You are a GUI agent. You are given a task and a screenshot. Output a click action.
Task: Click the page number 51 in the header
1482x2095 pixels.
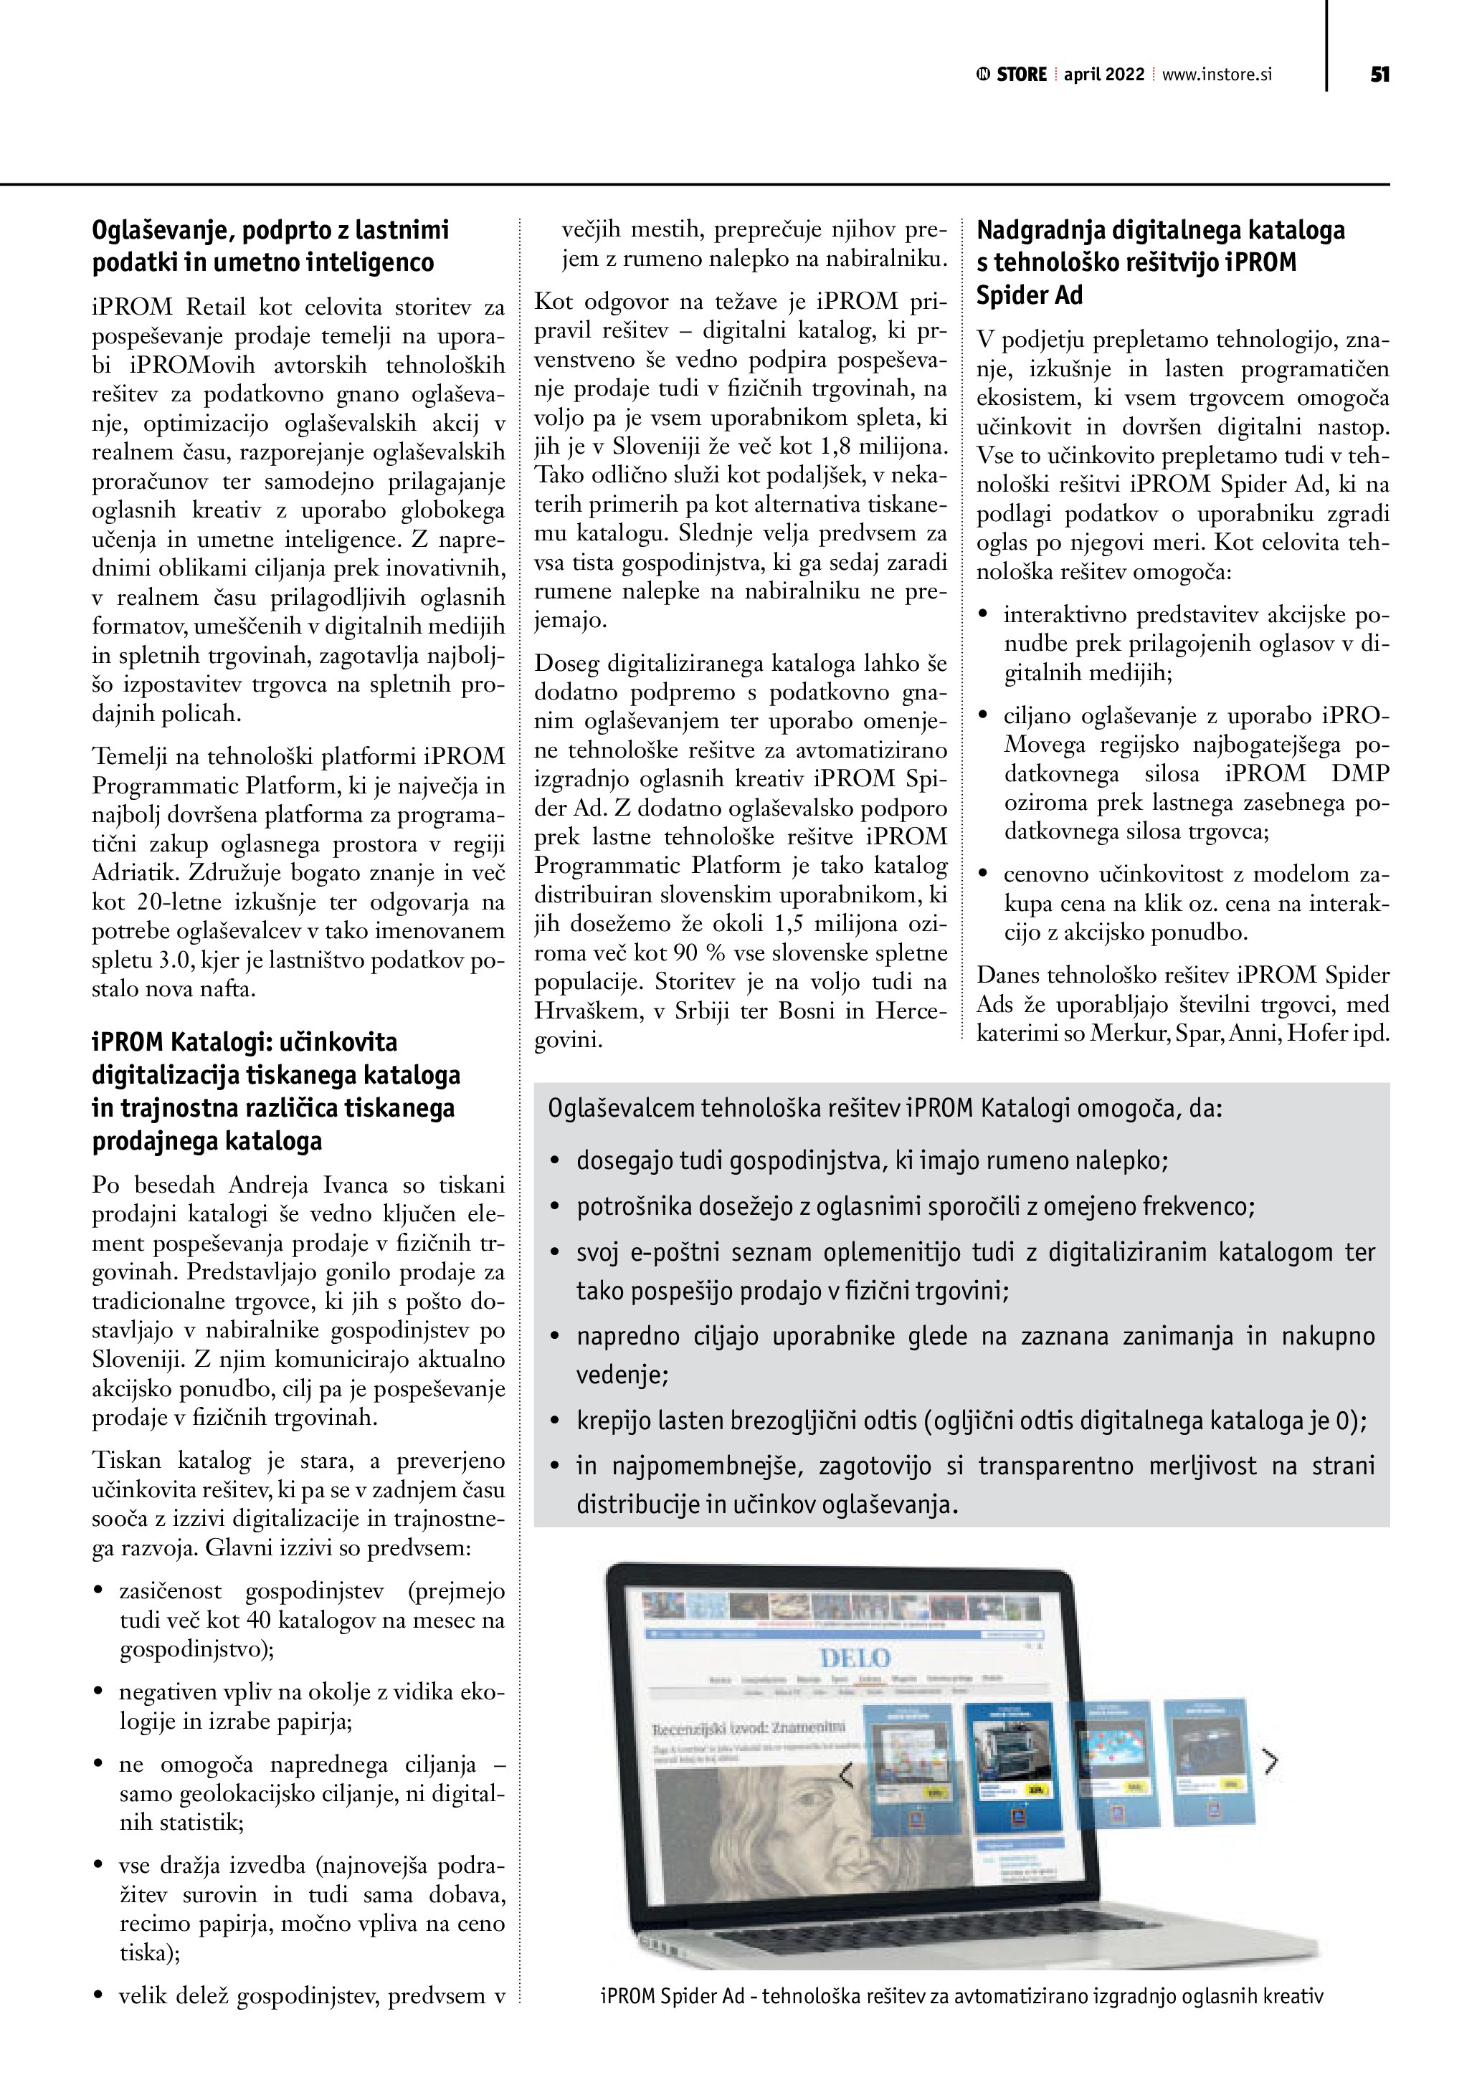(1379, 75)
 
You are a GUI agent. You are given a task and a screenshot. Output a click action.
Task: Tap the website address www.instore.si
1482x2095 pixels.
(1217, 75)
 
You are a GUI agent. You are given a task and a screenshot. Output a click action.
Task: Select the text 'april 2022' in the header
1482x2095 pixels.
(1103, 75)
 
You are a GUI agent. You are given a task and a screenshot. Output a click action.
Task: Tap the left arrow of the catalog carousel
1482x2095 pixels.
(846, 1775)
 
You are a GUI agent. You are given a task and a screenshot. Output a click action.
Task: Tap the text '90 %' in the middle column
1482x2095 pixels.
(699, 953)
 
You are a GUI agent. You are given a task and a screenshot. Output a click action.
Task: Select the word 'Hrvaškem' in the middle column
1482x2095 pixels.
(582, 1011)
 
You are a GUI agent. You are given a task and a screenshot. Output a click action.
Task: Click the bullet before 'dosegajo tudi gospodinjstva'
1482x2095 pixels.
(554, 1162)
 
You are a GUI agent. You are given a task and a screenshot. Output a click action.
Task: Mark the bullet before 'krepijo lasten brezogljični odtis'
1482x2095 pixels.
(554, 1421)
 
